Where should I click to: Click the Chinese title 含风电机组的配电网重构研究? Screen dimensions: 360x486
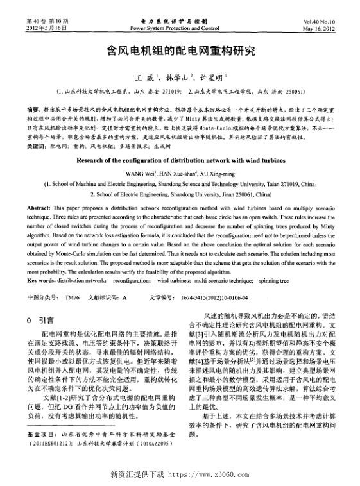pos(180,50)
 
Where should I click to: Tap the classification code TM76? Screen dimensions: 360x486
pos(73,297)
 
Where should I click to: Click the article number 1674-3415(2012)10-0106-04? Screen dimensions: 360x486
pos(218,297)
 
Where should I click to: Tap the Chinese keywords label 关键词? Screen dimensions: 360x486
pos(39,147)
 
